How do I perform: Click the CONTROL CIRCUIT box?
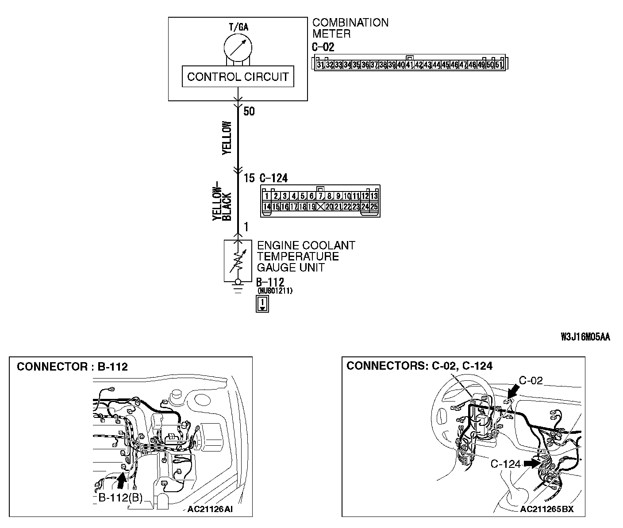(x=238, y=77)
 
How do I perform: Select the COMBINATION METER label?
(x=350, y=28)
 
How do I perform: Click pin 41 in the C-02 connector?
(x=409, y=65)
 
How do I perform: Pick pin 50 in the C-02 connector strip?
(x=490, y=65)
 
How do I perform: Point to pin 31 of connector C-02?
(x=320, y=65)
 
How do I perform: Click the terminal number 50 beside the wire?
(x=249, y=111)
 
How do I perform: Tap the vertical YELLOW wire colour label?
(x=227, y=138)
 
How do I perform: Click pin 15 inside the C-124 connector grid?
(x=275, y=207)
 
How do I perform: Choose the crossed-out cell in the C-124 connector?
(x=320, y=207)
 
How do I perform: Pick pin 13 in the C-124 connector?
(x=374, y=196)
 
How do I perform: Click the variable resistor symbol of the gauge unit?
(x=238, y=260)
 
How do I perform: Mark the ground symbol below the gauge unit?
(x=238, y=290)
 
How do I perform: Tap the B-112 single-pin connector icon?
(x=262, y=304)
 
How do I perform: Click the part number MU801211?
(x=274, y=291)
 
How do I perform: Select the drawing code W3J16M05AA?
(x=585, y=337)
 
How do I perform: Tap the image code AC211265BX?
(x=547, y=509)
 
